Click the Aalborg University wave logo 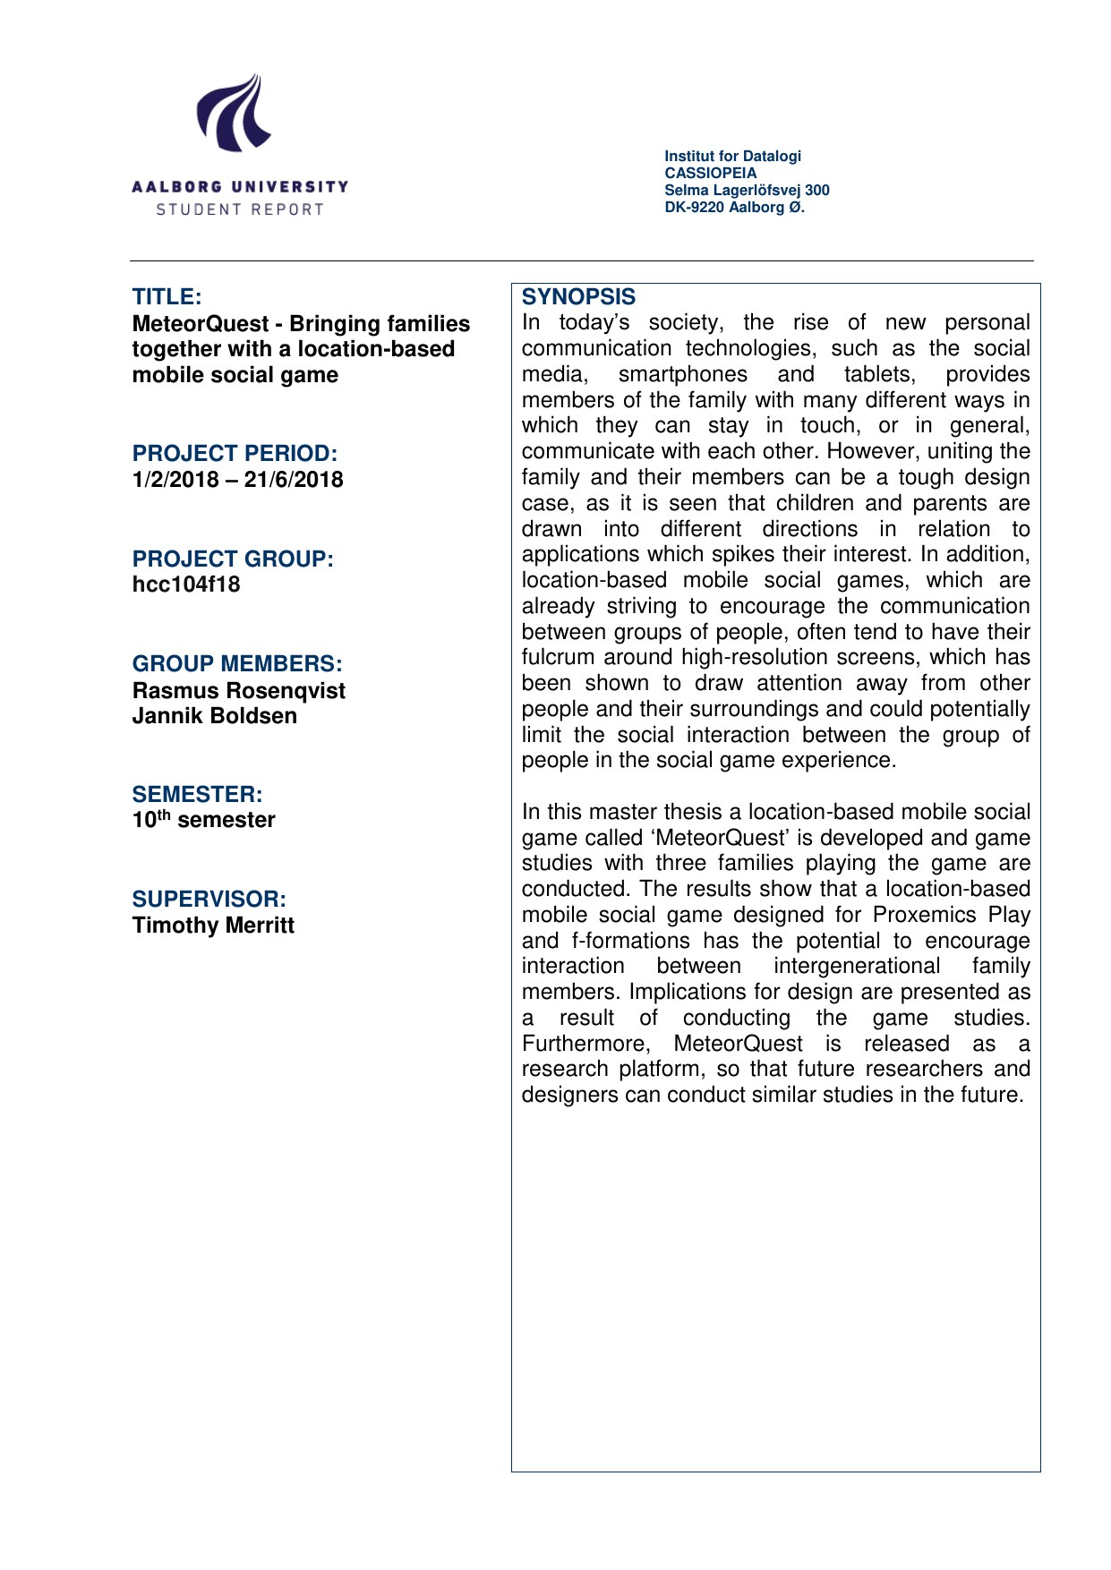pyautogui.click(x=235, y=114)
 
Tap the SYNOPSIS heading pyautogui.click(x=578, y=297)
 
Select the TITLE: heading pyautogui.click(x=167, y=296)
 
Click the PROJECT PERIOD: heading pyautogui.click(x=235, y=453)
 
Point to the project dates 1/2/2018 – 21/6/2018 pyautogui.click(x=237, y=480)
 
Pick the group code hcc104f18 pyautogui.click(x=186, y=584)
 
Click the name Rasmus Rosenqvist pyautogui.click(x=238, y=690)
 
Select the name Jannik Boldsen pyautogui.click(x=214, y=716)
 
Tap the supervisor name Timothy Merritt pyautogui.click(x=213, y=925)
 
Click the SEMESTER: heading pyautogui.click(x=197, y=794)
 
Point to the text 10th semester pyautogui.click(x=203, y=820)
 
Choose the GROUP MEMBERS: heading pyautogui.click(x=237, y=663)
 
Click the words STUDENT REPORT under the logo pyautogui.click(x=239, y=209)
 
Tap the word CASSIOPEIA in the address pyautogui.click(x=710, y=173)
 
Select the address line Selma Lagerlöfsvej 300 pyautogui.click(x=747, y=190)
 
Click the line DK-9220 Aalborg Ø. pyautogui.click(x=734, y=207)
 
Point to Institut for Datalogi pyautogui.click(x=732, y=156)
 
